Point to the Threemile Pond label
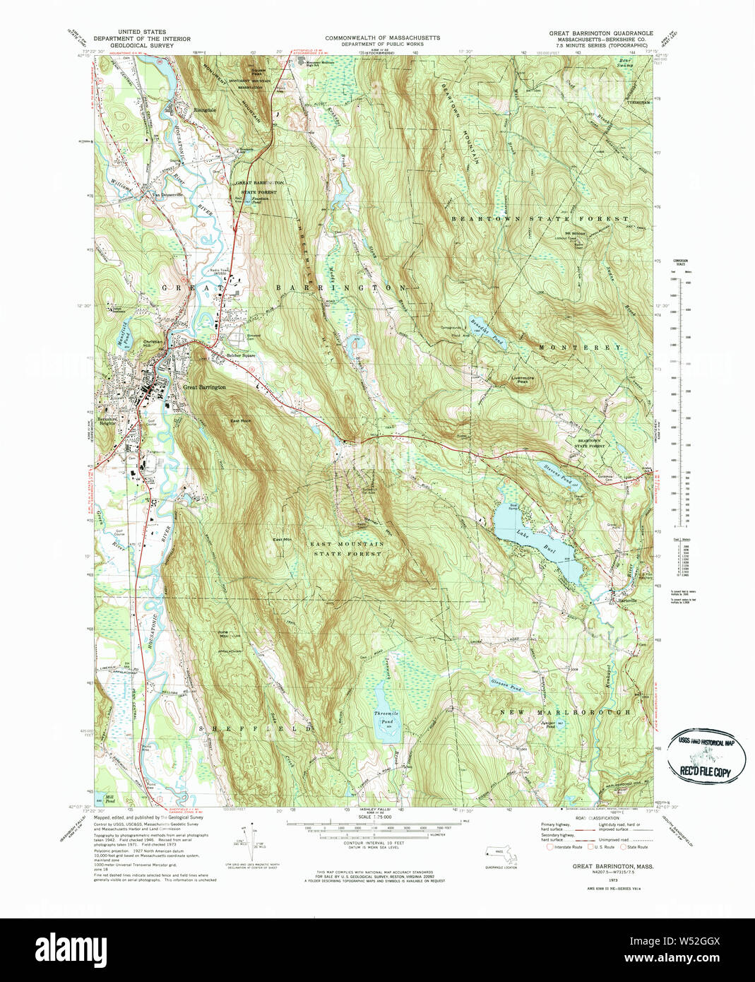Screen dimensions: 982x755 click(x=386, y=717)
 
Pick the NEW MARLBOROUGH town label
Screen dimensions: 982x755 click(x=565, y=712)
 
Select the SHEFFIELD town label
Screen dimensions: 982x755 click(x=255, y=727)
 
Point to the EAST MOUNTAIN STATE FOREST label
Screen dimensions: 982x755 click(x=347, y=549)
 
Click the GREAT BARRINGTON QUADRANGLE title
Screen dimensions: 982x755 click(x=601, y=33)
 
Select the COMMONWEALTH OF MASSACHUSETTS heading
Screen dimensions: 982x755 click(x=382, y=37)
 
